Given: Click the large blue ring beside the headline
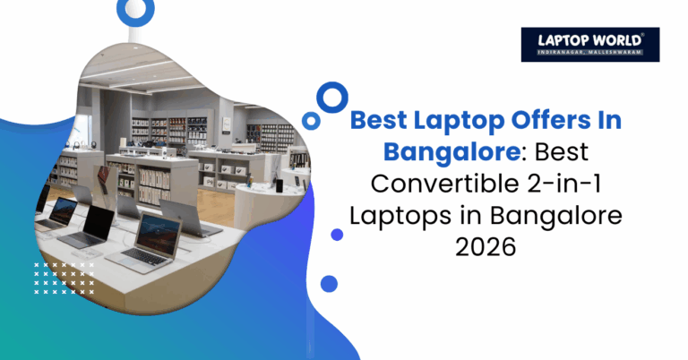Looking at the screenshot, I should point(333,96).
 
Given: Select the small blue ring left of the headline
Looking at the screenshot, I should point(311,119).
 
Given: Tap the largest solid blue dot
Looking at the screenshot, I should point(329,284).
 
